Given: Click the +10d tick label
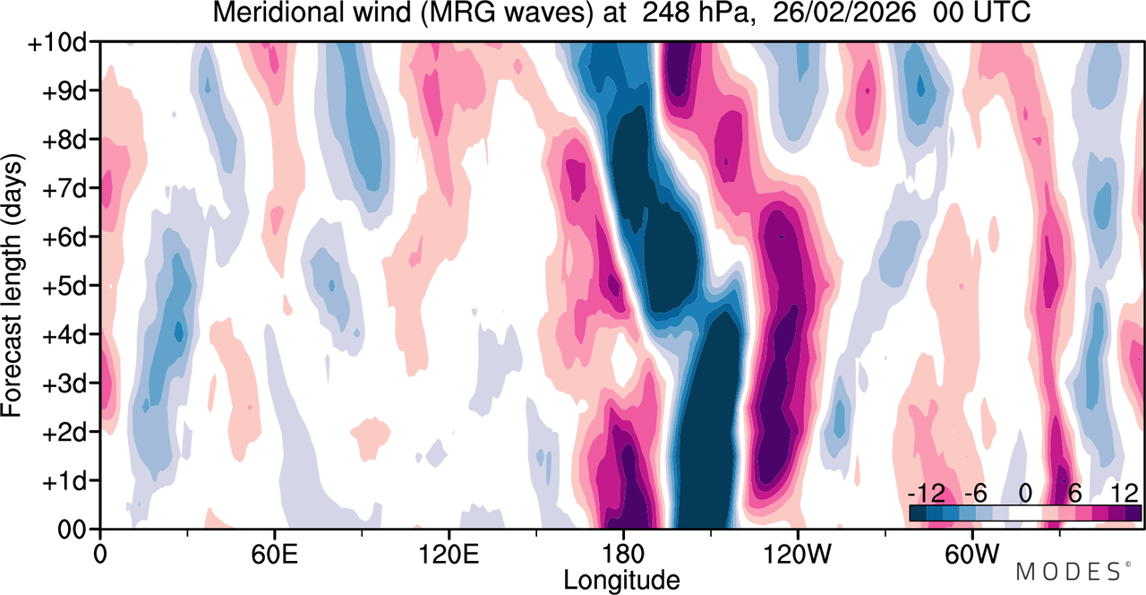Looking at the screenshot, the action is pyautogui.click(x=58, y=44).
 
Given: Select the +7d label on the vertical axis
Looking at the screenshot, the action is pyautogui.click(x=64, y=190).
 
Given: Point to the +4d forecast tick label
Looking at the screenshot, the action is pyautogui.click(x=64, y=336).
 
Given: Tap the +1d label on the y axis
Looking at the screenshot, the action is pyautogui.click(x=64, y=482).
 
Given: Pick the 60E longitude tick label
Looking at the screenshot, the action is pyautogui.click(x=274, y=555).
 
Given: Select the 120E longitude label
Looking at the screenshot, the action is pyautogui.click(x=449, y=555).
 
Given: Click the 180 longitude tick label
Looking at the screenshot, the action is pyautogui.click(x=623, y=555).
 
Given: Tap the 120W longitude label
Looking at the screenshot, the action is pyautogui.click(x=797, y=555).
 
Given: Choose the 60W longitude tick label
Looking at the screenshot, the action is pyautogui.click(x=971, y=555).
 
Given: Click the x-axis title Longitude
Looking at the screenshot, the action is pyautogui.click(x=621, y=581).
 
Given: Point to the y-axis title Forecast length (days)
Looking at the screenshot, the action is pyautogui.click(x=13, y=286).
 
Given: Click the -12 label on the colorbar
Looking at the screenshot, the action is pyautogui.click(x=927, y=494).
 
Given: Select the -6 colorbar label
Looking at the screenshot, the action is pyautogui.click(x=975, y=494).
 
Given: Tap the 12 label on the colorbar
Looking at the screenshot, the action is pyautogui.click(x=1125, y=494).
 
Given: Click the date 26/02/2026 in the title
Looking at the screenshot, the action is pyautogui.click(x=844, y=13).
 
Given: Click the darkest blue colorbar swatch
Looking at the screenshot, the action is pyautogui.click(x=918, y=513).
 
